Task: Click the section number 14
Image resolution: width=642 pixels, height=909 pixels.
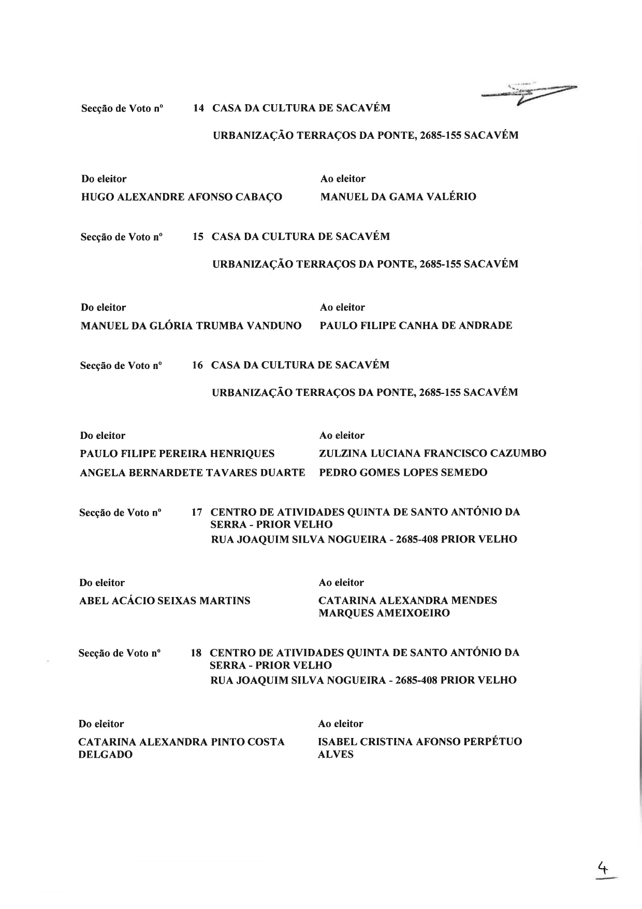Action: [198, 108]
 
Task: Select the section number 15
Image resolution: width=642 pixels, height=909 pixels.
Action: [198, 237]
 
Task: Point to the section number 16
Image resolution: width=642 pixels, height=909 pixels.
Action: [197, 365]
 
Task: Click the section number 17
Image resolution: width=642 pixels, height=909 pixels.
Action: [197, 513]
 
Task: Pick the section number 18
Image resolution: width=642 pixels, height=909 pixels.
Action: [196, 653]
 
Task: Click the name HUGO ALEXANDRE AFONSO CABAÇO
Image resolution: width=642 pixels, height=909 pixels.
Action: [182, 197]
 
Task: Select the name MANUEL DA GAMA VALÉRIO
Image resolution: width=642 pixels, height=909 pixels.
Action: [398, 197]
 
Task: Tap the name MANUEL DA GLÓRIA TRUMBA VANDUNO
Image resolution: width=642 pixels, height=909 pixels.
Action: [191, 326]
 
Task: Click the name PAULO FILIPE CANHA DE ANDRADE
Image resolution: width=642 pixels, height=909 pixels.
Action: [416, 326]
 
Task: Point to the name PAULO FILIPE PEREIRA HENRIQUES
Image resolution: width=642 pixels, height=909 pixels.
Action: [177, 454]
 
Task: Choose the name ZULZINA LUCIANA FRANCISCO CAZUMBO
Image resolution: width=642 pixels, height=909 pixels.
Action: [432, 454]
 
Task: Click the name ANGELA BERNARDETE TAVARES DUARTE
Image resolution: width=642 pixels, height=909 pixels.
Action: [193, 473]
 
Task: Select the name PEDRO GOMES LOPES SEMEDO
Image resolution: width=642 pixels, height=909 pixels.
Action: [403, 473]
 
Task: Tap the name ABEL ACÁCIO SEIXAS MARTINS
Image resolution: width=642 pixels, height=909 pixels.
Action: [165, 601]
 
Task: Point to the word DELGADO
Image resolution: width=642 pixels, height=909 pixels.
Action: [106, 755]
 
